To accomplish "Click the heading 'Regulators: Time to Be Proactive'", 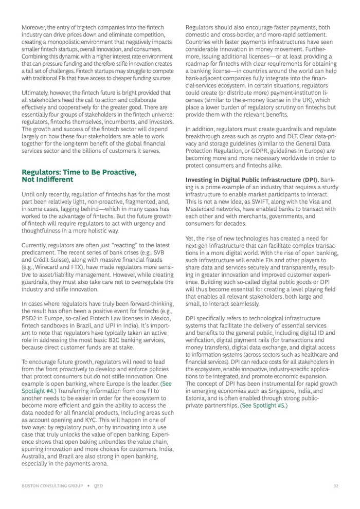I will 79,172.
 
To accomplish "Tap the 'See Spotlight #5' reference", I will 264,405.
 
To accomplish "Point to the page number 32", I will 335,485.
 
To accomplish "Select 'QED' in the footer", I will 99,485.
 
